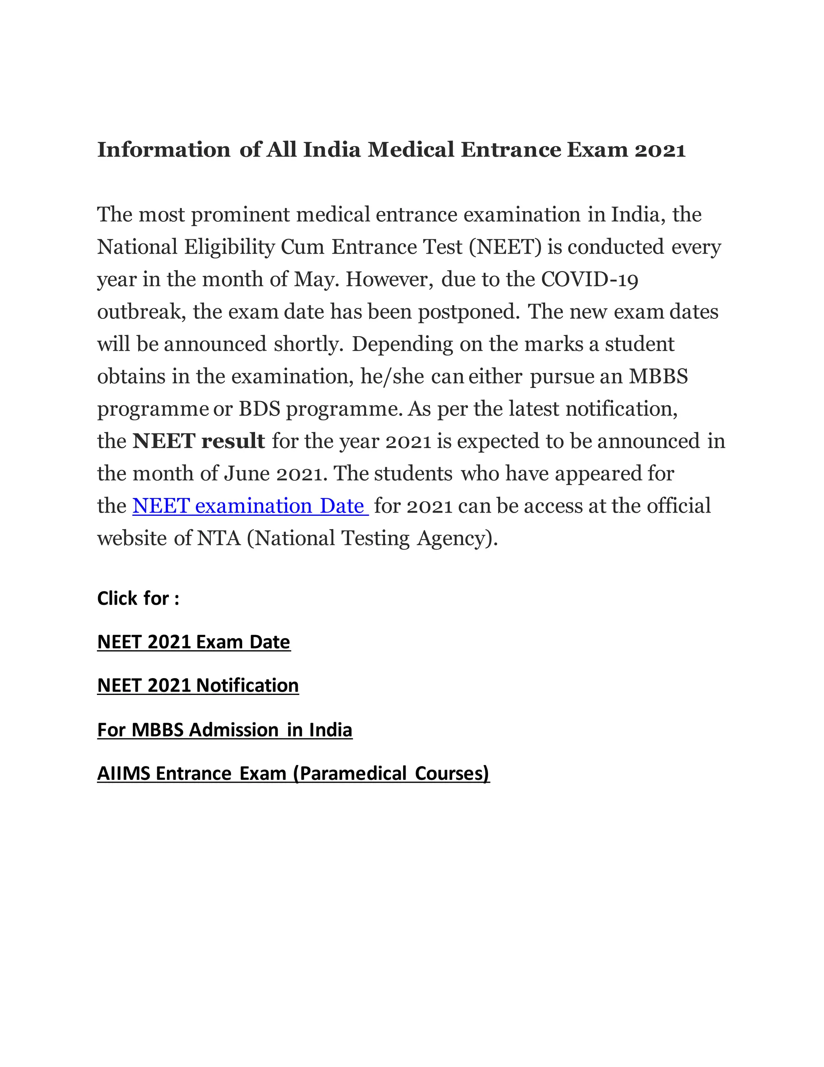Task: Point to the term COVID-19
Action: click(590, 279)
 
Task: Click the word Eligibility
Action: click(229, 248)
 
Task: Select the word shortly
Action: click(309, 344)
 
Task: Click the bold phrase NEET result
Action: click(199, 441)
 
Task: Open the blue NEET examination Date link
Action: click(249, 506)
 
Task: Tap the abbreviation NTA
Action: click(219, 538)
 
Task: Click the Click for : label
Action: click(138, 598)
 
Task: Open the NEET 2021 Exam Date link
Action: click(194, 642)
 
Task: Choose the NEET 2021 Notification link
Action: click(198, 685)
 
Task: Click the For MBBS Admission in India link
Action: click(225, 730)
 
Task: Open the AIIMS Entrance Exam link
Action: click(293, 773)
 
